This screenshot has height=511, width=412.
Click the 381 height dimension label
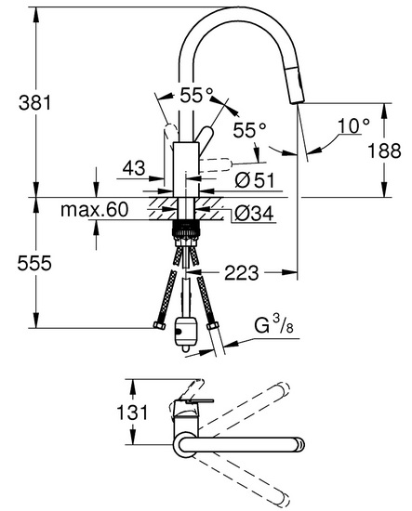[x=35, y=102]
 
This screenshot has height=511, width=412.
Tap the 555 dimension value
[x=34, y=263]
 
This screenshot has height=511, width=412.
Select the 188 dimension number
[x=384, y=151]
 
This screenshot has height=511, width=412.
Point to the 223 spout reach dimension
[x=241, y=272]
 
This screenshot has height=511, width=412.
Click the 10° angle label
[x=354, y=125]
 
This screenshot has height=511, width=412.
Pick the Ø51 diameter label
[x=255, y=180]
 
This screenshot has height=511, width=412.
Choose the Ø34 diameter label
[x=254, y=214]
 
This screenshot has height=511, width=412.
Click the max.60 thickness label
[x=94, y=210]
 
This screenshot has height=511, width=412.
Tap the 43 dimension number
[x=134, y=168]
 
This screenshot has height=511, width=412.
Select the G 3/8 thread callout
[x=273, y=325]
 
